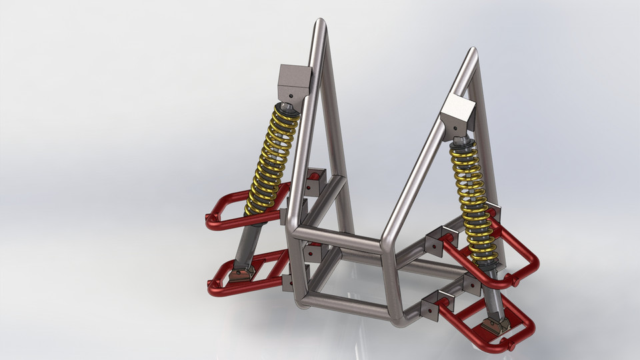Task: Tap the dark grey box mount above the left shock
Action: tap(295, 81)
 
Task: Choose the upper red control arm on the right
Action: tap(517, 263)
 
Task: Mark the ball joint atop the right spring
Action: tap(460, 142)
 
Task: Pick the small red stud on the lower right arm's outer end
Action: tap(511, 346)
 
